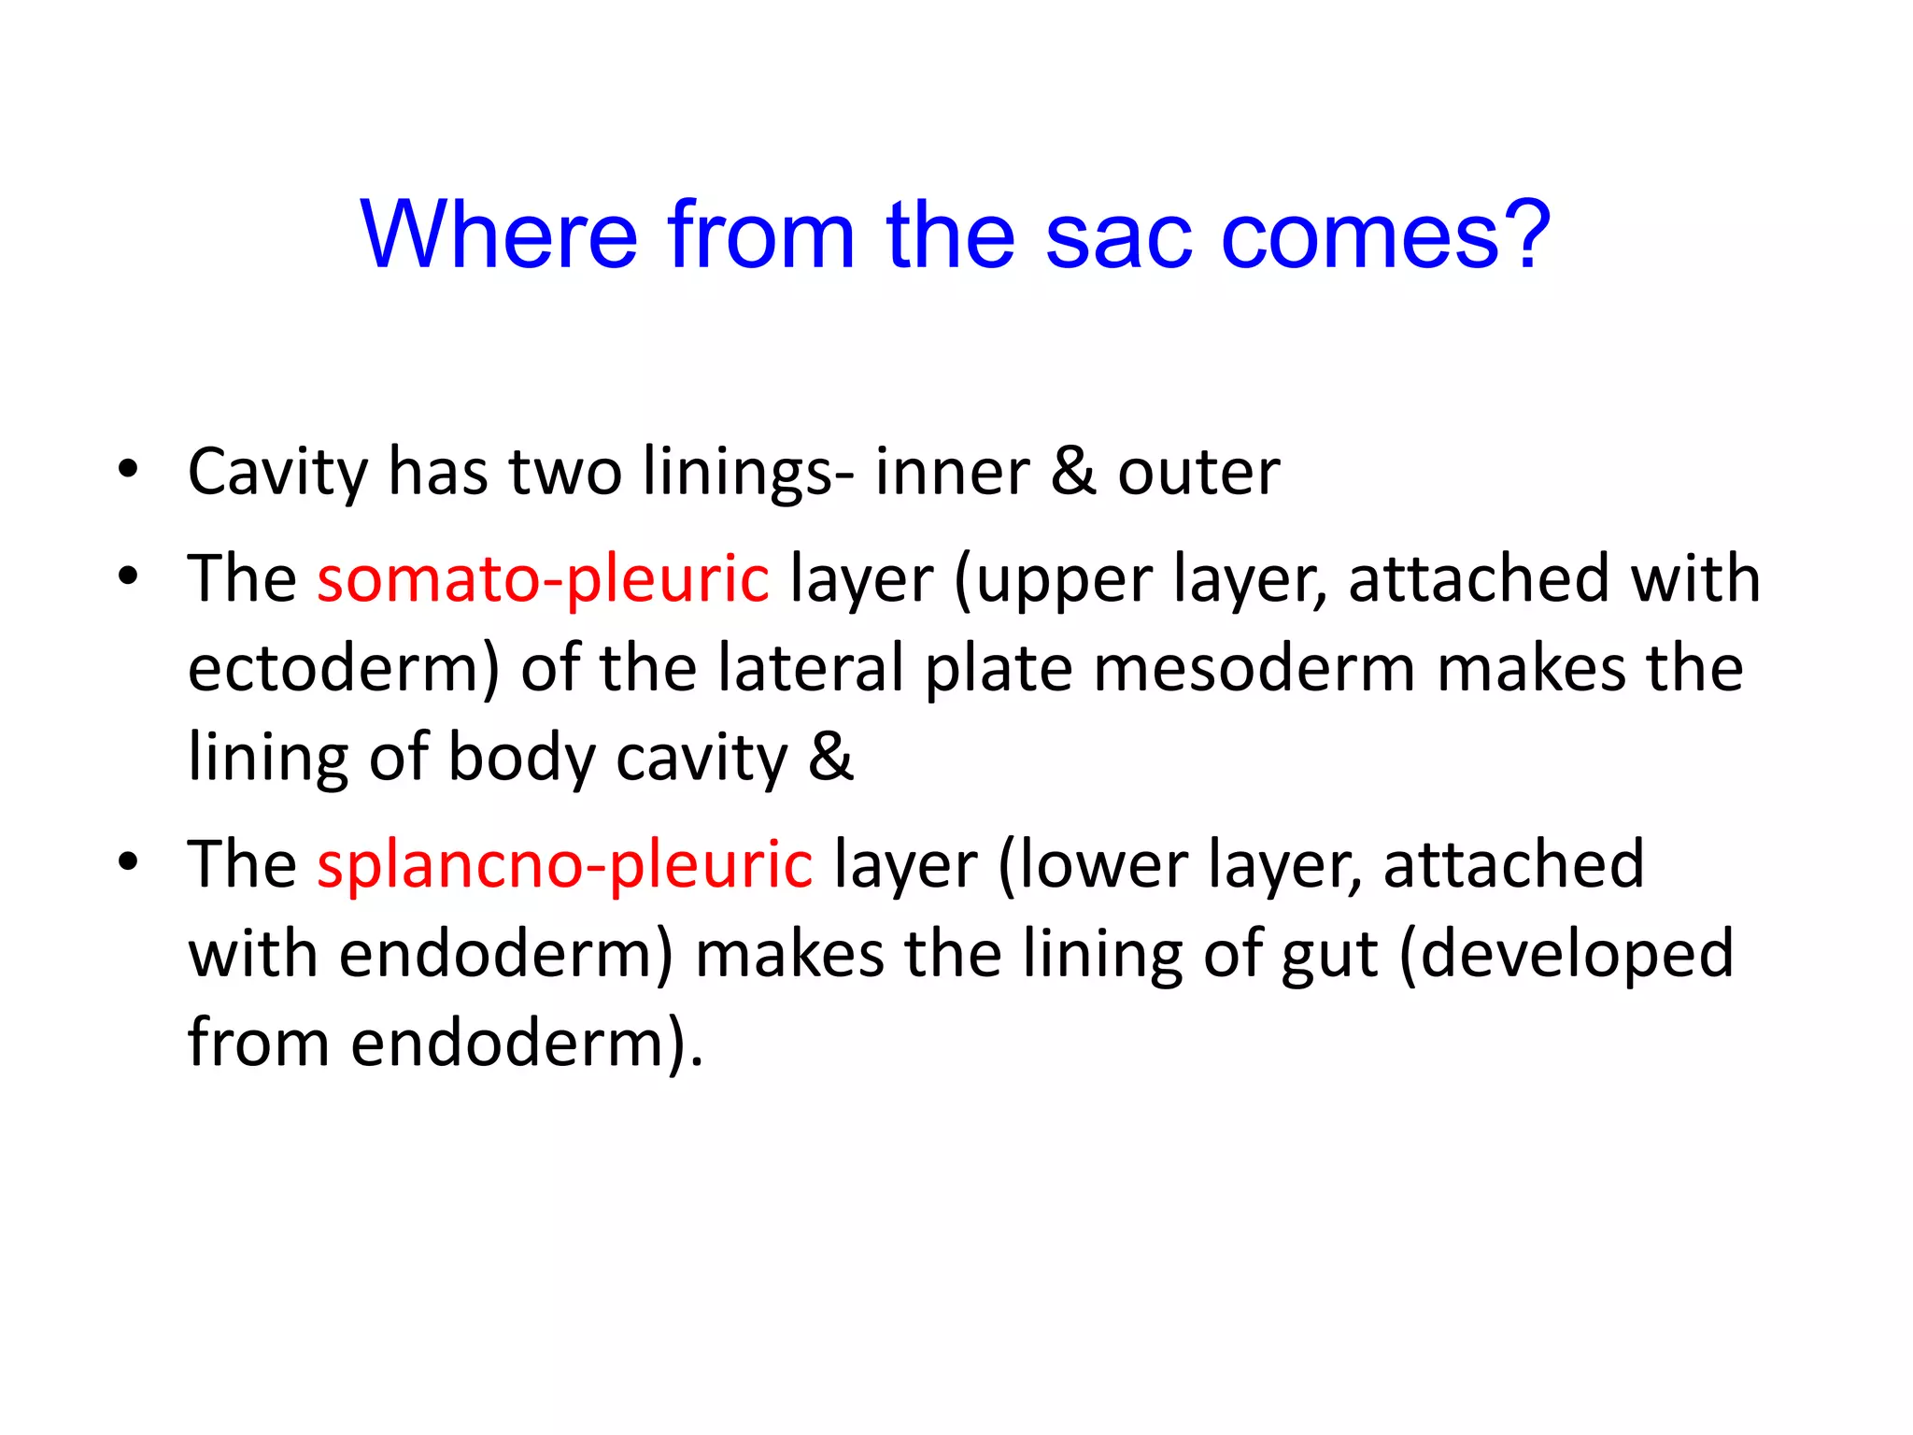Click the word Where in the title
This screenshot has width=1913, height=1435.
coord(499,234)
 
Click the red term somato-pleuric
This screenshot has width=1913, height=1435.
coord(543,578)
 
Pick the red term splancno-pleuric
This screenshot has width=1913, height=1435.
coord(564,864)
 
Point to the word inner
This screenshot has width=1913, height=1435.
coord(952,472)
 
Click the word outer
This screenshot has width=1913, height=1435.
coord(1198,472)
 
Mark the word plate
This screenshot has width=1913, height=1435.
coord(999,668)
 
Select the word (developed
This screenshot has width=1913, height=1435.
coord(1566,955)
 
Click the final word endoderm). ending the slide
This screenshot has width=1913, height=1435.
coord(526,1043)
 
